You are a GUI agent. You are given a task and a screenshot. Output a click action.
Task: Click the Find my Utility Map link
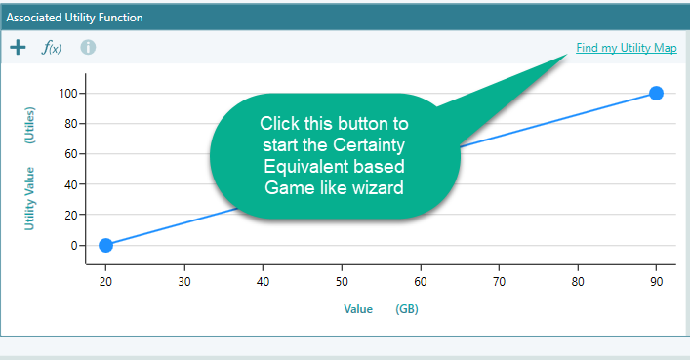(x=626, y=47)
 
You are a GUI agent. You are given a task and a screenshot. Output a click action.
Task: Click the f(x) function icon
(x=51, y=47)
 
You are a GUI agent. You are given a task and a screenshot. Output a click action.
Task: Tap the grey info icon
(x=88, y=47)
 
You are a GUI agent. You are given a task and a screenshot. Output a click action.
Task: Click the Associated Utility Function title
(x=74, y=17)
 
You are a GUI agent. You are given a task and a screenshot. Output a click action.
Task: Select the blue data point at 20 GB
(x=105, y=245)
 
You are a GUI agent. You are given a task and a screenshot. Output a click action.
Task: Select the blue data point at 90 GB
(x=656, y=93)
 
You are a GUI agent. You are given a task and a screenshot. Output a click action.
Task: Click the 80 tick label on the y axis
(x=73, y=124)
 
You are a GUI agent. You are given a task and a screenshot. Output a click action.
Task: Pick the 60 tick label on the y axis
(x=73, y=154)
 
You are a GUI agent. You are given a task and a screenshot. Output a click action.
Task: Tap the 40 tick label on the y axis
(x=73, y=184)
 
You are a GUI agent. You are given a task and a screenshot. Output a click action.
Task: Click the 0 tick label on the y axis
(x=76, y=245)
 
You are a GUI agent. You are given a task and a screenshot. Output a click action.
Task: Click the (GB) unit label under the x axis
(x=408, y=309)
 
